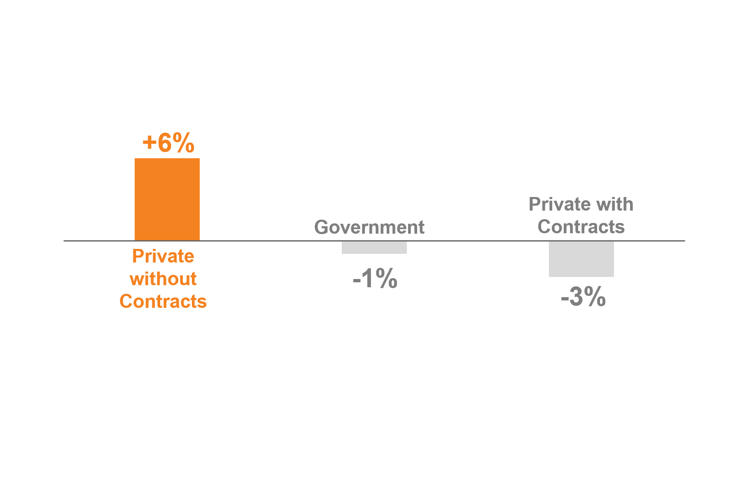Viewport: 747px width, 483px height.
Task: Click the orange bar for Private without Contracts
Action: point(167,199)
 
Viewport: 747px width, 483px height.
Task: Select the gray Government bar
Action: point(374,247)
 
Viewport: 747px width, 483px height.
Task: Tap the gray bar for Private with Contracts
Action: point(581,259)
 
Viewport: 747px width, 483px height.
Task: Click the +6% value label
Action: point(168,143)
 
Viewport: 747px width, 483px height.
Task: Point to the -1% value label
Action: point(375,279)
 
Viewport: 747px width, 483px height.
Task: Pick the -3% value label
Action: point(583,297)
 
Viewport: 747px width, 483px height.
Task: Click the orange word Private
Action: point(163,256)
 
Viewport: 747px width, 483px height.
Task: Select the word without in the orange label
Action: point(163,279)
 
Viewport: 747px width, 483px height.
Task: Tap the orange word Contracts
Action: point(163,301)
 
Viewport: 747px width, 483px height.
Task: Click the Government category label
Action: point(369,227)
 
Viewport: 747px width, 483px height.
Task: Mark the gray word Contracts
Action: point(581,227)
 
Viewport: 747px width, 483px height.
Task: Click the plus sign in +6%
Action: point(149,143)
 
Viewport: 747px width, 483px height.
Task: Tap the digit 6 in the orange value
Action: point(165,143)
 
